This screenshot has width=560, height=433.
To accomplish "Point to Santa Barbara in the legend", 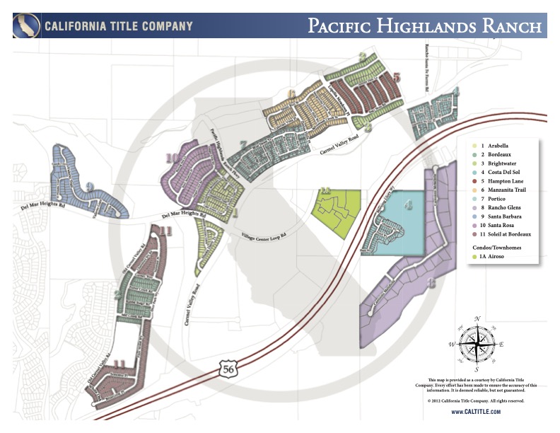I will (498, 216).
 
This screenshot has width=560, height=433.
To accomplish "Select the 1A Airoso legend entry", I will (494, 260).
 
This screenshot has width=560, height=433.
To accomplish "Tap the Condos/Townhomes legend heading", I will (496, 248).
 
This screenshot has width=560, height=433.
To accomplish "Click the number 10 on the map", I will (170, 158).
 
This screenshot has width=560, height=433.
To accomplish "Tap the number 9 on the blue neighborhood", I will (90, 187).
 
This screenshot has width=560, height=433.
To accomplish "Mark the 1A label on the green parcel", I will (325, 191).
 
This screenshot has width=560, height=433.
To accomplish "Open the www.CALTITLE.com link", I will (476, 411).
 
